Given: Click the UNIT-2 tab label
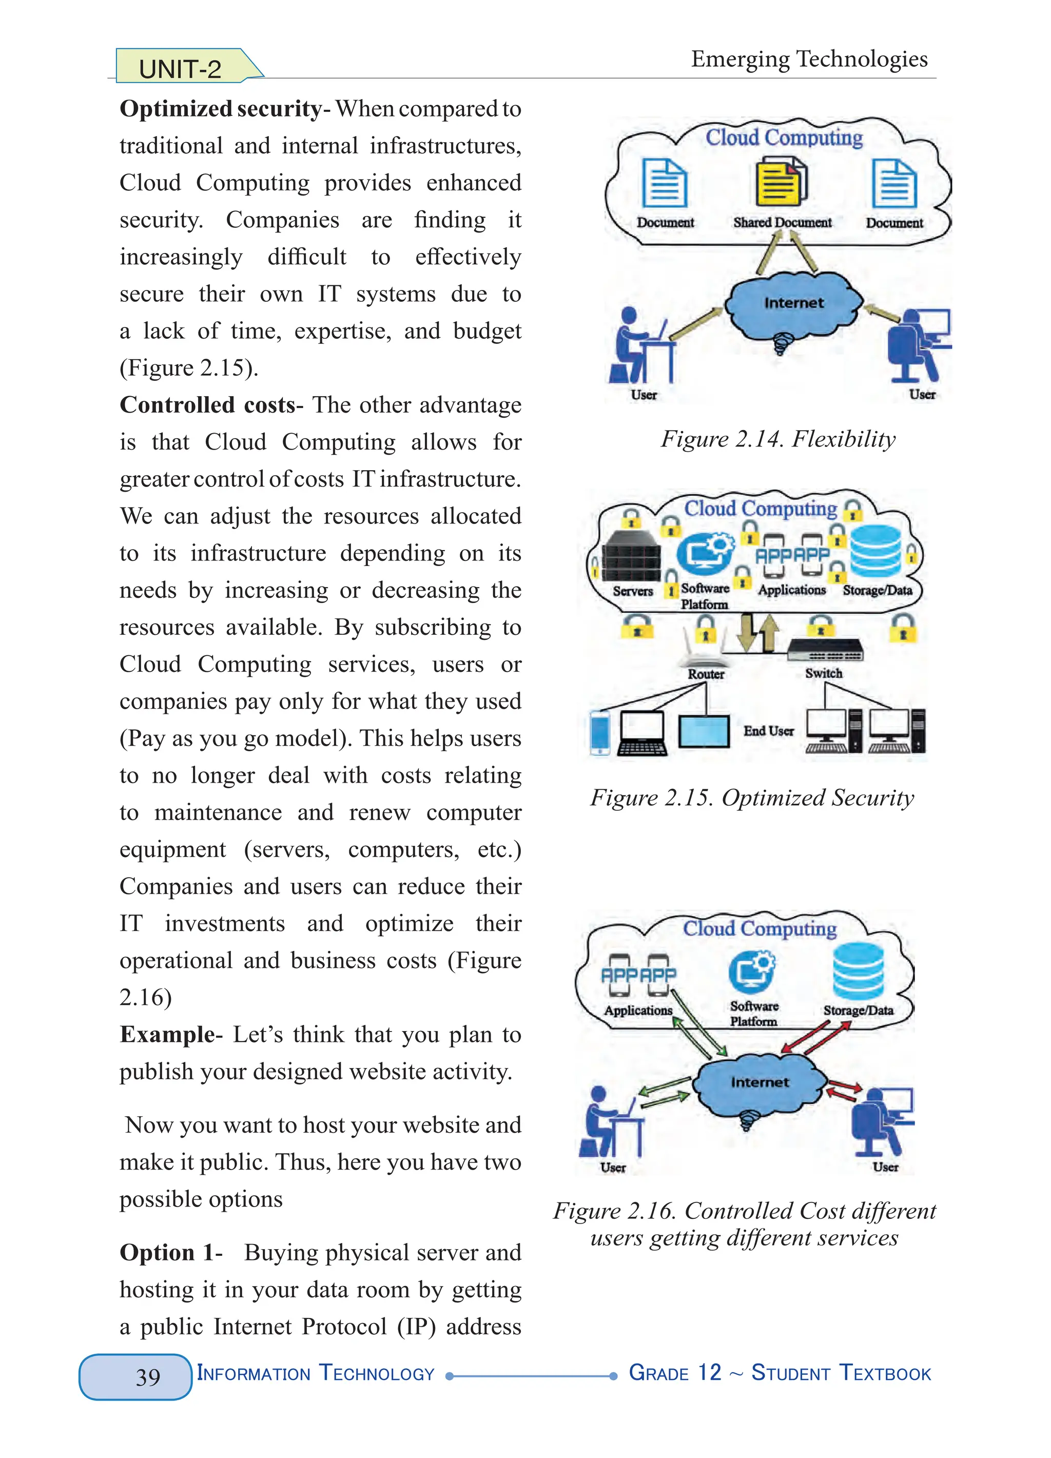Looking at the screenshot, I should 180,68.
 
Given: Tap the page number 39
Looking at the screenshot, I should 148,1376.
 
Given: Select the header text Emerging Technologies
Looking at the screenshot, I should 809,59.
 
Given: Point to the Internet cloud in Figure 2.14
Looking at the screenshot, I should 793,307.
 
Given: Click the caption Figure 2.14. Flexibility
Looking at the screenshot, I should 778,439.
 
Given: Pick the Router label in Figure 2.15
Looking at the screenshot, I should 706,674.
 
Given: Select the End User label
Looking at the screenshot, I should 768,731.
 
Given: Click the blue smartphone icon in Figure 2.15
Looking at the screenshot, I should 600,732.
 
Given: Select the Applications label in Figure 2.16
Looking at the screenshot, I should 638,1010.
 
